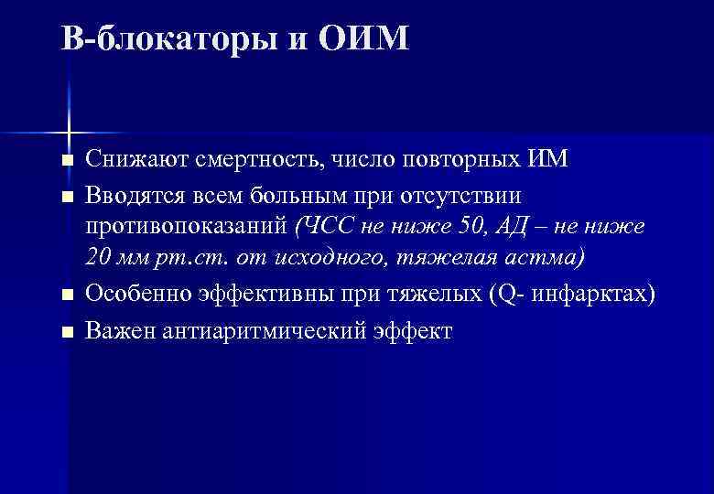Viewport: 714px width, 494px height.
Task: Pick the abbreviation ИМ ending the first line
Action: pos(549,159)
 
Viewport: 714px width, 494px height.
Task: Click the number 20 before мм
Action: pos(100,257)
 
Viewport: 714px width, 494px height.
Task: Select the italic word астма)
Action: pos(546,257)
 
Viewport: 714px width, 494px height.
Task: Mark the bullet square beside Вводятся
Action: pos(65,196)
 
